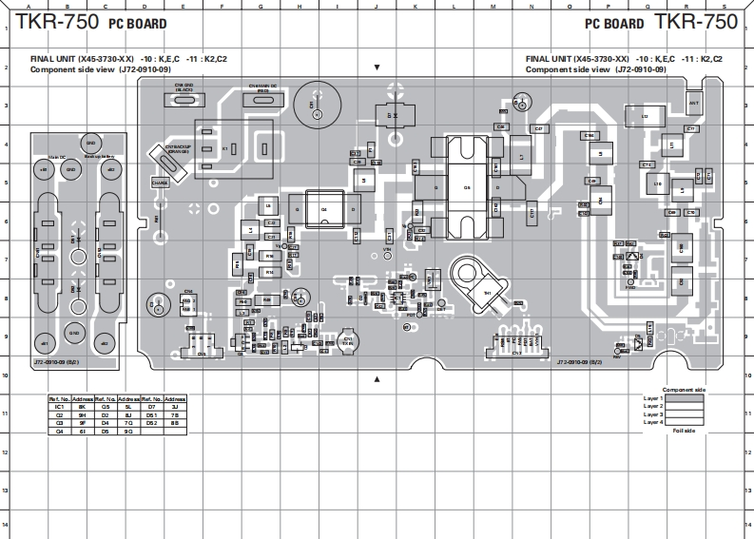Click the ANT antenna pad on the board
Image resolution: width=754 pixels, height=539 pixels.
tap(694, 102)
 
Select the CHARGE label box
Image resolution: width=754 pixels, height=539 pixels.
tap(159, 182)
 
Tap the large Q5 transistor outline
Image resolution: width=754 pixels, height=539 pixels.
tap(466, 187)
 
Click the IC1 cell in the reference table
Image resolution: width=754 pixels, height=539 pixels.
tap(59, 407)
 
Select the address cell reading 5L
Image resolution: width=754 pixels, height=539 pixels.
tap(128, 407)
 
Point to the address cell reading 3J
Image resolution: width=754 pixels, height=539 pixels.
tap(175, 407)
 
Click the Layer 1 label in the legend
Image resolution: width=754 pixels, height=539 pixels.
tap(652, 398)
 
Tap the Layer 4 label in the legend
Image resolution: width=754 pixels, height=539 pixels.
tap(652, 422)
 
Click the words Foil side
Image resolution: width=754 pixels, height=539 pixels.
tap(684, 431)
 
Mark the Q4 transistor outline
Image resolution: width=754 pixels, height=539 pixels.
tap(323, 209)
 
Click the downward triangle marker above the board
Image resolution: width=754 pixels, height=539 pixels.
tap(377, 68)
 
